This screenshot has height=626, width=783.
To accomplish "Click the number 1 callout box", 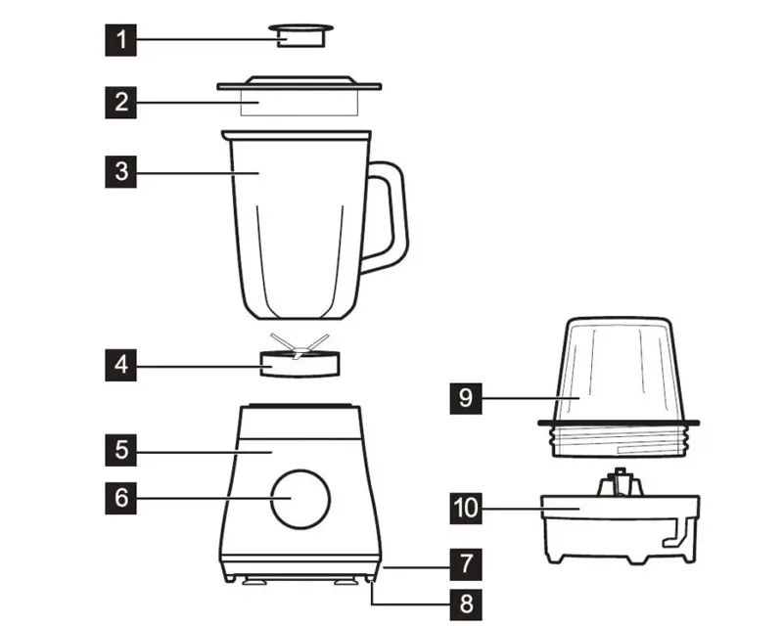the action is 120,39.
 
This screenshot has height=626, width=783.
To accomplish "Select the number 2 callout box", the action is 120,103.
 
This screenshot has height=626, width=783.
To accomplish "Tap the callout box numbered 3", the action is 120,172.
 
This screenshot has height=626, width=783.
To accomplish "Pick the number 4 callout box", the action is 120,365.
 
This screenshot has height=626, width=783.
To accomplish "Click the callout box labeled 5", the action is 120,450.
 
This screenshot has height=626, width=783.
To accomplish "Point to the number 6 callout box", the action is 120,498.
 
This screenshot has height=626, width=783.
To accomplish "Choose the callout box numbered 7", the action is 466,564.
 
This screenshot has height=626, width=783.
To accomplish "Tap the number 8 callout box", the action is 466,604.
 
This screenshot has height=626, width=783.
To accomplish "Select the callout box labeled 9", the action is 466,398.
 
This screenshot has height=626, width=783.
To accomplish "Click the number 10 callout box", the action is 466,509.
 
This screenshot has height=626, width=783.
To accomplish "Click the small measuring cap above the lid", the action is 301,35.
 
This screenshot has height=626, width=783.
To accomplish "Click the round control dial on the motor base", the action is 300,499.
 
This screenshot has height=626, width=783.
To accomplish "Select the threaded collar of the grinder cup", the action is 619,439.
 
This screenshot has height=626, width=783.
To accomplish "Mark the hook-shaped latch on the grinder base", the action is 678,534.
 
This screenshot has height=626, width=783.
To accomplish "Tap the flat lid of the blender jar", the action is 299,95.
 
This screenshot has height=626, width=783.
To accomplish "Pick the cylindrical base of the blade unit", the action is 299,365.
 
